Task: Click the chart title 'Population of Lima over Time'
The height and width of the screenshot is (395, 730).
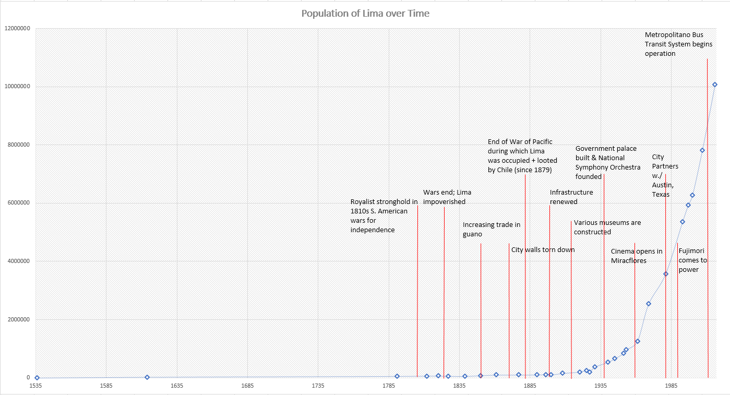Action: click(x=365, y=14)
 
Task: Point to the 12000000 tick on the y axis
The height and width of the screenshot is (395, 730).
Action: click(x=17, y=28)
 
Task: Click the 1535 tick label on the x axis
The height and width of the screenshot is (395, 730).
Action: click(x=35, y=386)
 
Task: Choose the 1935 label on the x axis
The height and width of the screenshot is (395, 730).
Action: click(x=601, y=386)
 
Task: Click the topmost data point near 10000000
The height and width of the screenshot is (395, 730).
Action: click(x=715, y=85)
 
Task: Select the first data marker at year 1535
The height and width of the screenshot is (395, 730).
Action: click(x=37, y=377)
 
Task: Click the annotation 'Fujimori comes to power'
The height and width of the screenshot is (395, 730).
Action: click(x=692, y=260)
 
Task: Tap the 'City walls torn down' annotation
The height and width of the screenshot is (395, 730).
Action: click(x=543, y=250)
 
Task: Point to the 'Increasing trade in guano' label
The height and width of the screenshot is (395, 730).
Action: click(x=491, y=230)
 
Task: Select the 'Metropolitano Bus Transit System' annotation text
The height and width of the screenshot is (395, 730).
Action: click(x=678, y=44)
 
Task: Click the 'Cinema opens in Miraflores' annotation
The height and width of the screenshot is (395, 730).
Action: click(x=636, y=256)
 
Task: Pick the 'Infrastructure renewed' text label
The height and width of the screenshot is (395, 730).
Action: click(x=571, y=197)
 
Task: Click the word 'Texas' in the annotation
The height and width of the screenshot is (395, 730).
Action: click(x=661, y=194)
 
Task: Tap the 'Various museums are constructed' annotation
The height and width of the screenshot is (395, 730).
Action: click(x=607, y=227)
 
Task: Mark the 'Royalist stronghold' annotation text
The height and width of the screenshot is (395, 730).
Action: click(x=384, y=216)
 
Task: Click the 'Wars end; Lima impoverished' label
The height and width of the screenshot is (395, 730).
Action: click(x=447, y=197)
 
